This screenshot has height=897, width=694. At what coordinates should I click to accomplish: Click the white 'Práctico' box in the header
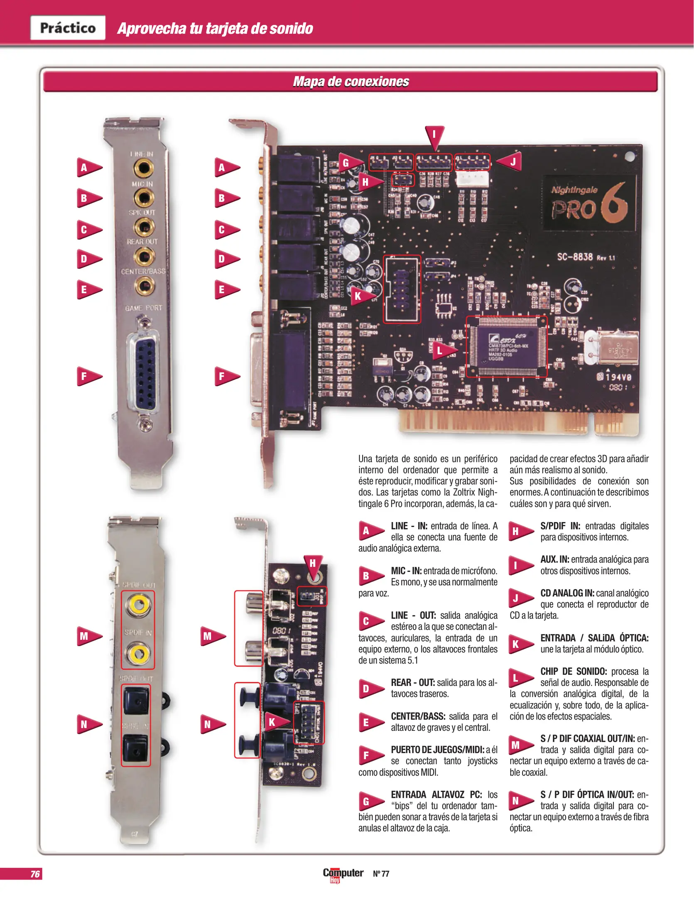[68, 28]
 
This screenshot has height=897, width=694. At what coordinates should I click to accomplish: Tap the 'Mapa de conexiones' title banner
[351, 81]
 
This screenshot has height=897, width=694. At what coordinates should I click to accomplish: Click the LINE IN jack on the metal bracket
[143, 168]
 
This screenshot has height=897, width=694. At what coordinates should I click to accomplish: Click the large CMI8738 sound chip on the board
[506, 346]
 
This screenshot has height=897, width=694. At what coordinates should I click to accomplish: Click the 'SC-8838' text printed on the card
[575, 257]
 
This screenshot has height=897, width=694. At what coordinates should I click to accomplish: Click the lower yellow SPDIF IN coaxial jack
[139, 654]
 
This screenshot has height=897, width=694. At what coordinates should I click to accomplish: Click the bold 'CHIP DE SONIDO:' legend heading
[573, 672]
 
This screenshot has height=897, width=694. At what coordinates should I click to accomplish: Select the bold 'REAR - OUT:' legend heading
[412, 683]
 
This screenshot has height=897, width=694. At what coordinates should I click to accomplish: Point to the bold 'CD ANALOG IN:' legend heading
[567, 593]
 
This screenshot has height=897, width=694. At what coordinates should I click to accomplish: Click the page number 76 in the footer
[35, 874]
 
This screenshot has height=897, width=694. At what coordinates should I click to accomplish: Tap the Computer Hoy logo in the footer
[343, 874]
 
